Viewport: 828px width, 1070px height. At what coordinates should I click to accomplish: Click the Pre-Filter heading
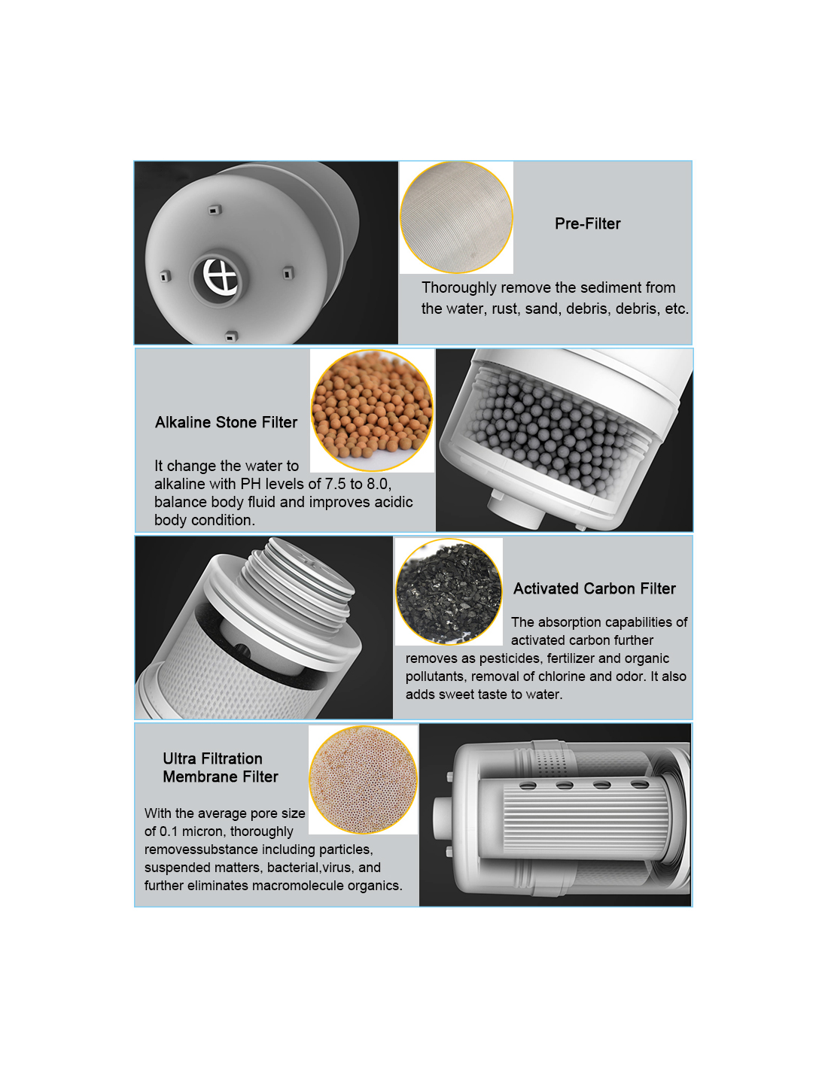coord(587,223)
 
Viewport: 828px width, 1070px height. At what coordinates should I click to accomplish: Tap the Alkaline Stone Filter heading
coord(226,422)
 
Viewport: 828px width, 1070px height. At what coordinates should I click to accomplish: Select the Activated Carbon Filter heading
coord(594,588)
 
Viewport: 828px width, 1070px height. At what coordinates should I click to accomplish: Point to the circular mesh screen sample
coord(456,217)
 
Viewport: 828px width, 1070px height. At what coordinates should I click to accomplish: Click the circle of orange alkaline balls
coord(372,410)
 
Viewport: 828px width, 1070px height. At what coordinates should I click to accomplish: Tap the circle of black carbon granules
coord(449,591)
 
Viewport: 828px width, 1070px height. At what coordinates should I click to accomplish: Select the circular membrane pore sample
coord(363,780)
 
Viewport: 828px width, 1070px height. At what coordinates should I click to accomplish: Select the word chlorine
coord(561,676)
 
